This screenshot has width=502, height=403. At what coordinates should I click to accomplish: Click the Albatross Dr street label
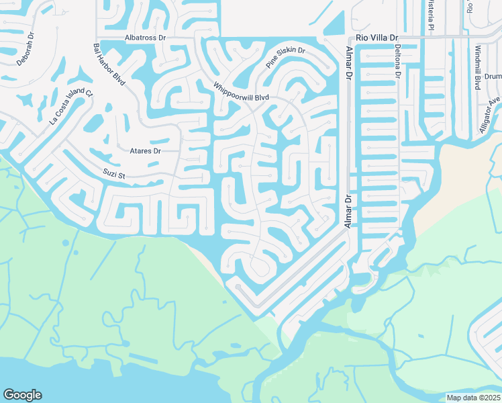pos(145,38)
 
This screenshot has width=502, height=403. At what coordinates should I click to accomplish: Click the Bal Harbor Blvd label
pos(109,64)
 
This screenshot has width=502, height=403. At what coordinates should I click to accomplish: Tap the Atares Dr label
pos(145,151)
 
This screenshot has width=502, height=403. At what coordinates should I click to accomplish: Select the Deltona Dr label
pos(397,63)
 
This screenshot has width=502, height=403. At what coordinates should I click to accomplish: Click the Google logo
pos(22,395)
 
